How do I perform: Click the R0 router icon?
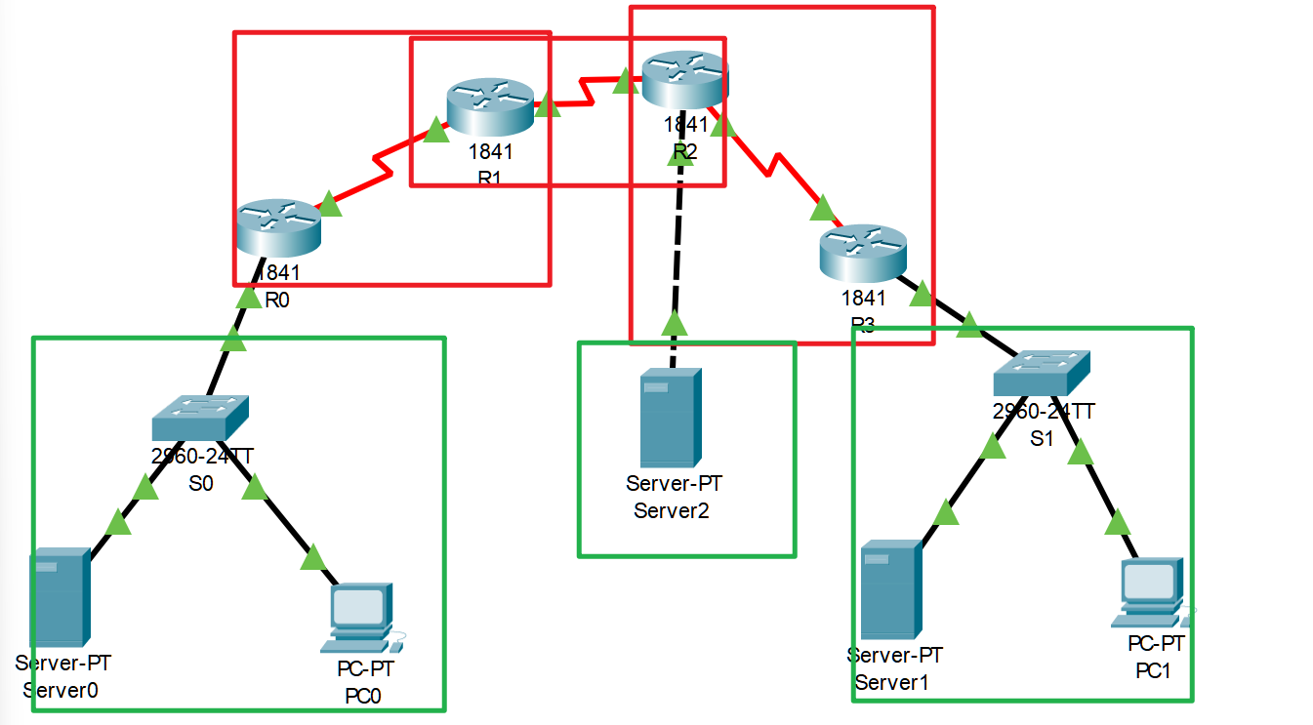[278, 227]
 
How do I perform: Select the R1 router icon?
[490, 108]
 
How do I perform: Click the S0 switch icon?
[200, 418]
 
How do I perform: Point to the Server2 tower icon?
[671, 418]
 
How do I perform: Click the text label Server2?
[674, 509]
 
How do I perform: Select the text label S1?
[1043, 438]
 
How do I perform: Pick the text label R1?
[490, 177]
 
